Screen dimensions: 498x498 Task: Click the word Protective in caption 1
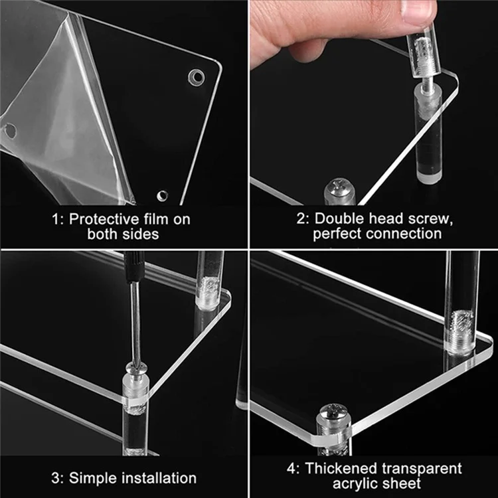click(x=104, y=219)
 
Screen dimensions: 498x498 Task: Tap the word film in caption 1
click(x=155, y=219)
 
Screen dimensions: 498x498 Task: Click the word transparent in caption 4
click(x=422, y=469)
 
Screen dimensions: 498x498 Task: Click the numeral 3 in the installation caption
click(x=55, y=478)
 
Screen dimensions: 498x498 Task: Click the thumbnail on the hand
click(x=419, y=11)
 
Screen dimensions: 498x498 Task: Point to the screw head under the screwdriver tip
click(x=136, y=369)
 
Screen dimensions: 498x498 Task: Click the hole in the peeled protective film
click(x=10, y=131)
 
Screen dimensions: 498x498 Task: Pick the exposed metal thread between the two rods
click(x=426, y=82)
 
